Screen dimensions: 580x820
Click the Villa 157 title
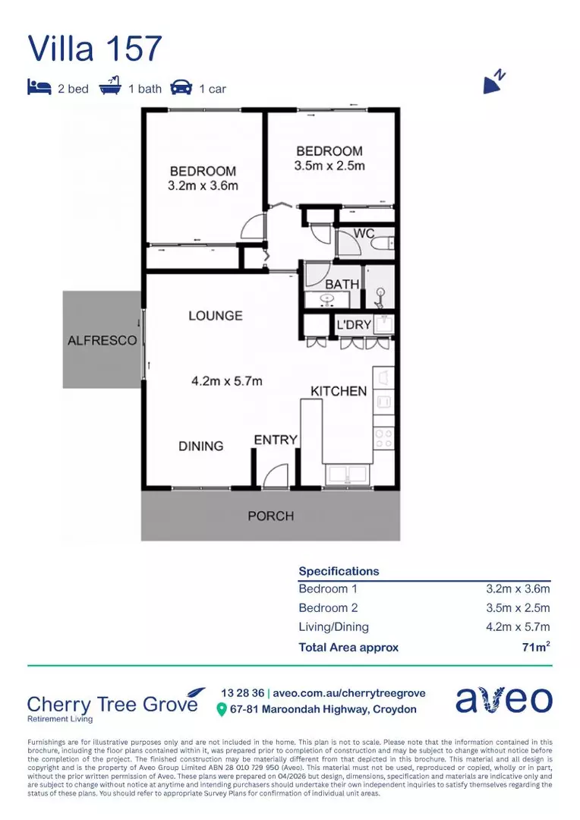tap(95, 49)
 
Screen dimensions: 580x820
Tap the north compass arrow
tap(492, 84)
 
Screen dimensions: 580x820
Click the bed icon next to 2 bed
tap(39, 87)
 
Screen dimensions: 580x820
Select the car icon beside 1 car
tap(181, 87)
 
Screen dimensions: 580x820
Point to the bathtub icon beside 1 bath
tap(110, 86)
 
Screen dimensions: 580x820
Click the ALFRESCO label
tap(102, 340)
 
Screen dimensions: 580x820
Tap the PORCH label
tap(271, 516)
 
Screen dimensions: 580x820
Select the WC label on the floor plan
tap(364, 233)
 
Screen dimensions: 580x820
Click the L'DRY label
tap(354, 325)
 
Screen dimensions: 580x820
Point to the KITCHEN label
tap(339, 391)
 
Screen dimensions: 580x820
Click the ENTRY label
tap(276, 440)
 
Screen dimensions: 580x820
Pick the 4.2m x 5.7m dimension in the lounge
tap(226, 381)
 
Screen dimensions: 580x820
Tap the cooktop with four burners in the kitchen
tap(383, 438)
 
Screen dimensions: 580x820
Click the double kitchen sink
tap(347, 475)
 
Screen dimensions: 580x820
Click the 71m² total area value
tap(536, 647)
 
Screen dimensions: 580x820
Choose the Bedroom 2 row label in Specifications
tap(328, 607)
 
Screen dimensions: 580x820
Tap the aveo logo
tap(503, 699)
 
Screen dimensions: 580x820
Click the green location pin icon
tap(221, 710)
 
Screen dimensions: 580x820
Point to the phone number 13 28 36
tap(243, 693)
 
